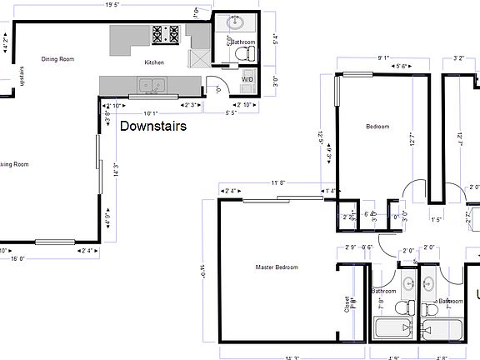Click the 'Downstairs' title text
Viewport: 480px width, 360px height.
pyautogui.click(x=153, y=127)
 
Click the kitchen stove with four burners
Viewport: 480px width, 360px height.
pyautogui.click(x=166, y=34)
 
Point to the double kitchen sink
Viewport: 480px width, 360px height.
pyautogui.click(x=151, y=84)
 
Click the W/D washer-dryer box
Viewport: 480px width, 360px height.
pyautogui.click(x=247, y=79)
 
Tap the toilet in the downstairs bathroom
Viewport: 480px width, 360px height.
pyautogui.click(x=246, y=54)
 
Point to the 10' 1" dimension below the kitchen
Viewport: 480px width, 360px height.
pyautogui.click(x=151, y=113)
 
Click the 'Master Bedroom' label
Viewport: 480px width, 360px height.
pyautogui.click(x=277, y=267)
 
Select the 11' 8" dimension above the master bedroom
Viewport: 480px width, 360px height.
pyautogui.click(x=277, y=182)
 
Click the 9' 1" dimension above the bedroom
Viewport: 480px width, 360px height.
pyautogui.click(x=383, y=58)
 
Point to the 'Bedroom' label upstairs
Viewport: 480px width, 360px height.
pyautogui.click(x=379, y=127)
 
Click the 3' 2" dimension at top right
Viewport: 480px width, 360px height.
pyautogui.click(x=458, y=58)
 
